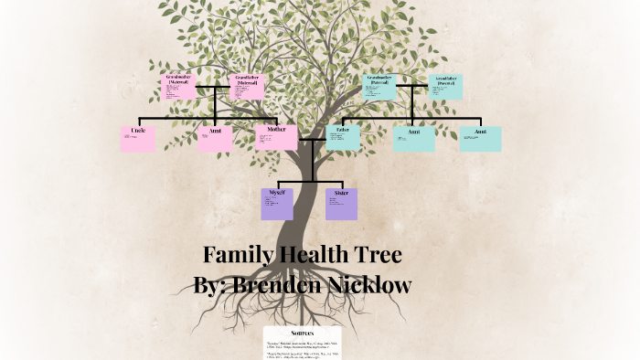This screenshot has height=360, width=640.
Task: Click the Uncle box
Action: [x=138, y=138]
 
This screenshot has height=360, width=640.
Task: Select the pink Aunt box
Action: [x=216, y=138]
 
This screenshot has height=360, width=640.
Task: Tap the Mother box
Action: [x=276, y=137]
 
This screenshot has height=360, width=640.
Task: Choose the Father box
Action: [x=343, y=137]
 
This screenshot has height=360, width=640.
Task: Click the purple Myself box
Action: [x=277, y=203]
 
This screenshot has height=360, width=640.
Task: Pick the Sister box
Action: [x=341, y=203]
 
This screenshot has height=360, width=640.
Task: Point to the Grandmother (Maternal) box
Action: [x=177, y=87]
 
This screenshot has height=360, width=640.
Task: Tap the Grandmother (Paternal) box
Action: [x=379, y=87]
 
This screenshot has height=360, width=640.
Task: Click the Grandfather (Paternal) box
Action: [x=445, y=87]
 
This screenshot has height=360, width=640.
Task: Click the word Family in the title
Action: [x=237, y=255]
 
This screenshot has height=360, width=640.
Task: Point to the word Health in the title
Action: [x=315, y=255]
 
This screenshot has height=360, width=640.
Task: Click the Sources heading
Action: [x=303, y=333]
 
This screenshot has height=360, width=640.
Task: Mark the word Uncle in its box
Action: [x=138, y=131]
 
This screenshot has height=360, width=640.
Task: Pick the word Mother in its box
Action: [x=276, y=130]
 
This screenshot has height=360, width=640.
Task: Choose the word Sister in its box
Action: [x=341, y=193]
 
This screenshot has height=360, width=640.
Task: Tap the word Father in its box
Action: [x=343, y=130]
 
